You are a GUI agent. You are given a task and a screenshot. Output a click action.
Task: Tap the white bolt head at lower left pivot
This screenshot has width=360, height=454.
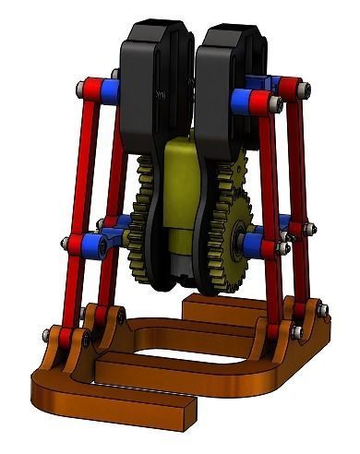pos(66,243)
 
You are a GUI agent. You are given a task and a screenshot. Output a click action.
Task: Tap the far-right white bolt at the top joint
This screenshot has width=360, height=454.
pos(306,90)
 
